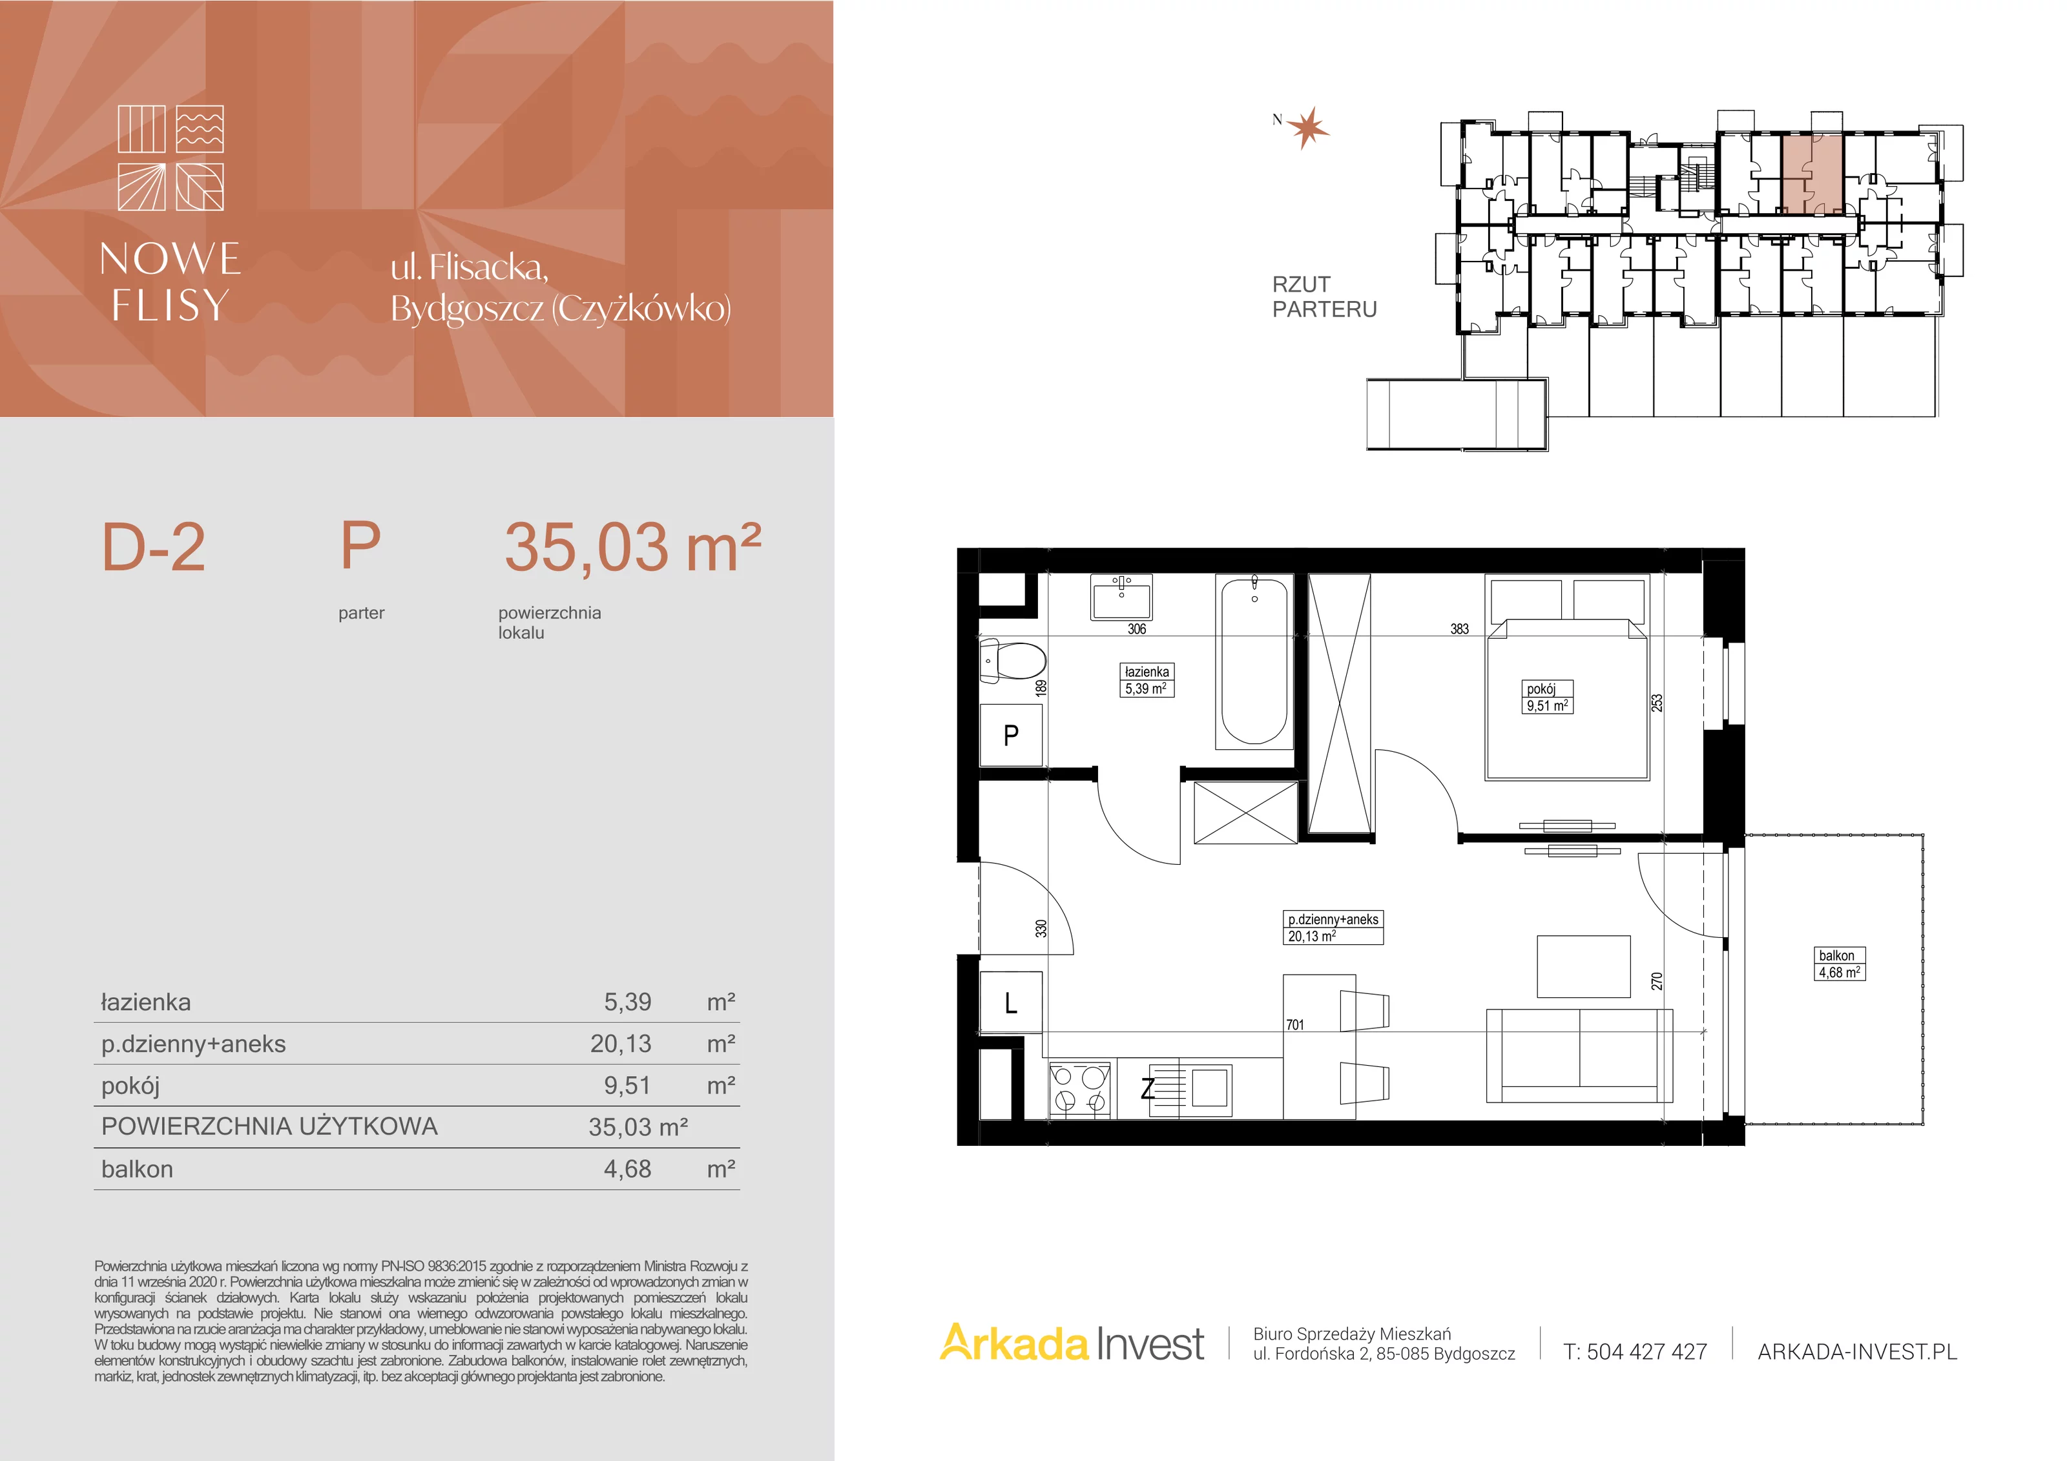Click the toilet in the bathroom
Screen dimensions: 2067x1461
(x=1013, y=661)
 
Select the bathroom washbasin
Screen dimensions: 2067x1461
(x=1121, y=597)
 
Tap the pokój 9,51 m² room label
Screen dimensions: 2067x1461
(x=1548, y=698)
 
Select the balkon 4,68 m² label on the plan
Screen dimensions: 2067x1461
(x=1839, y=964)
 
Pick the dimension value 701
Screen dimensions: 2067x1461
(x=1294, y=1024)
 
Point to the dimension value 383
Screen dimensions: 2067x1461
(x=1459, y=629)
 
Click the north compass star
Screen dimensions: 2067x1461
(x=1308, y=128)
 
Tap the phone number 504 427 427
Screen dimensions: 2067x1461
(x=1648, y=1352)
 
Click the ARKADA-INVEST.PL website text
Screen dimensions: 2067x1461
(x=1857, y=1352)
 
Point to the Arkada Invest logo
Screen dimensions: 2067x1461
(x=1072, y=1344)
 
